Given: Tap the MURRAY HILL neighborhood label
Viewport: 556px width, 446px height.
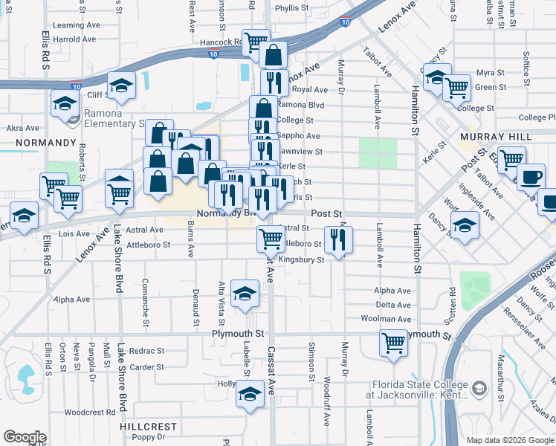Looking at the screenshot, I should pos(495,138).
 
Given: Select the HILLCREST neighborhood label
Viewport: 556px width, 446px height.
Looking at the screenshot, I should pos(149,427).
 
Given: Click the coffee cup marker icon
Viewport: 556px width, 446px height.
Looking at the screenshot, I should pos(531,177).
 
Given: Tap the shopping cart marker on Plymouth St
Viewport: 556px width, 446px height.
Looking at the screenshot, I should pos(393,343).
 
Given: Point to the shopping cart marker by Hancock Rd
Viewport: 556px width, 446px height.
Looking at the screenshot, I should pos(256,41).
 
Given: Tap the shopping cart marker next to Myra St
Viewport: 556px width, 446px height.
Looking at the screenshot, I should pos(456,87).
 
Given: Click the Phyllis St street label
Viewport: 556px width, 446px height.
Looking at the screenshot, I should pos(291,8).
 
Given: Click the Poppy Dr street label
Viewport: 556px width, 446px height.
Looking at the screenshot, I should pos(146,438).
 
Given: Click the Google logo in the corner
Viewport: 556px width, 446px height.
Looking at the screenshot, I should pos(25,437).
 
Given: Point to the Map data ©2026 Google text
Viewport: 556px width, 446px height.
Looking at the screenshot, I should pos(509,440).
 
